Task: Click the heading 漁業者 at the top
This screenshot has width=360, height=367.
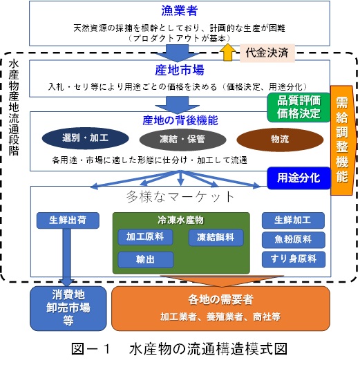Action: coord(179,11)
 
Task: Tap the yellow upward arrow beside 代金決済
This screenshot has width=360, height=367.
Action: coord(228,53)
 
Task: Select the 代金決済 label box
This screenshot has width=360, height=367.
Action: coord(267,53)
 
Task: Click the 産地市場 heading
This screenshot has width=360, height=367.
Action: coord(180,70)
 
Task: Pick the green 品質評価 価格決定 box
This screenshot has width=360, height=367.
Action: coord(299,107)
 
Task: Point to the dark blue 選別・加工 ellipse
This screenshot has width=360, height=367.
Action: coord(86,138)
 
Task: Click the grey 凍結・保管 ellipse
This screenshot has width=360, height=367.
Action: coord(182,139)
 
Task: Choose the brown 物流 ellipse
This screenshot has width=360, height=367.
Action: coord(280,140)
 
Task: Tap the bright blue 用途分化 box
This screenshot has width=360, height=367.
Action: coord(299,178)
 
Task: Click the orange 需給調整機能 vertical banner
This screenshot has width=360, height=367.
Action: coord(343,140)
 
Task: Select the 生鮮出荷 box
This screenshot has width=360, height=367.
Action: coord(68,220)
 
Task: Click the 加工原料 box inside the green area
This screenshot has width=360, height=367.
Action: coord(145,237)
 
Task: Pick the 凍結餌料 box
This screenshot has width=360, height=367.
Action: coord(216,237)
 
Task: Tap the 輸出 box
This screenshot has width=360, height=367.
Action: coord(146,260)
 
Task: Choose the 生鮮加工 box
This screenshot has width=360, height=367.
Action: coord(293,220)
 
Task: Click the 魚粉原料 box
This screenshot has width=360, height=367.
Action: coord(294,240)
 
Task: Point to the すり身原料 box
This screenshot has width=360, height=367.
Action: coord(294,259)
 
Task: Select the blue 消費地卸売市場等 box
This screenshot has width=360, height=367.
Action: coord(68,308)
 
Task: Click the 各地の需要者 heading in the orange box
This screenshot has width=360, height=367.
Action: coord(220,299)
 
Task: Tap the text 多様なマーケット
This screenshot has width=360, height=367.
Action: coord(180,196)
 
